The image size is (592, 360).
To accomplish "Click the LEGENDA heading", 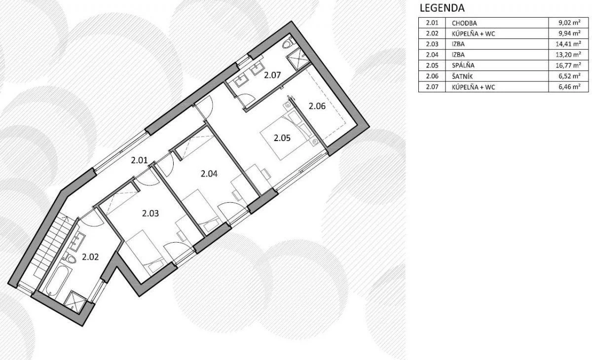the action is point(442,8).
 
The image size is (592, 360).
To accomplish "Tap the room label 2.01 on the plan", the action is point(139,160).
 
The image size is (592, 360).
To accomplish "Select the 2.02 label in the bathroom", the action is point(90,257).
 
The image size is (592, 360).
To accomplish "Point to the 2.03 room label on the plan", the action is point(150,214).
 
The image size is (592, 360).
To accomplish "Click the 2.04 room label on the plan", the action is point(209,174).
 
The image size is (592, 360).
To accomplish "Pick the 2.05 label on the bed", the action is point(282,138).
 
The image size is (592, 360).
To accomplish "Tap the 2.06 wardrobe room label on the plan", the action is point(317,106).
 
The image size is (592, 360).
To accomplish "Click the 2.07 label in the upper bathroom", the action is point(272,75).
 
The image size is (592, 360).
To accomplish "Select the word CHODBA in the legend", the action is point(464,23).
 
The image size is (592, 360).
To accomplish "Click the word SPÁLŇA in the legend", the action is point(463,65).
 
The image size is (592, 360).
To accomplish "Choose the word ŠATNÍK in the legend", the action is point(462,76).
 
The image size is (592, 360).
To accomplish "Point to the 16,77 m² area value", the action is point(568,65).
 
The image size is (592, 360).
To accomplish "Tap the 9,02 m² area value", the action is point(569,23).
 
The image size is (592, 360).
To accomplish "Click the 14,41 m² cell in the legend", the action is point(568,44).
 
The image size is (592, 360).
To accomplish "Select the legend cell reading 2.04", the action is point(432,55).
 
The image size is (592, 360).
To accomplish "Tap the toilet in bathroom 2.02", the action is point(69,257).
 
